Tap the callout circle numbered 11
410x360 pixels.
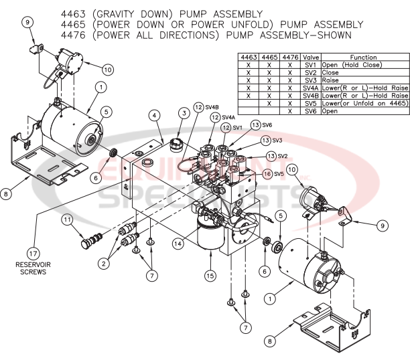[x=67, y=219]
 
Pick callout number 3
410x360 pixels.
[x=182, y=114]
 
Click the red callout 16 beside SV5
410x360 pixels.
[x=267, y=174]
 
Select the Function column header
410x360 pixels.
[x=362, y=58]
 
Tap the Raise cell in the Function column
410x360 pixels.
[x=330, y=80]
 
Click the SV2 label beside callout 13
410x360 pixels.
[x=282, y=156]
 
